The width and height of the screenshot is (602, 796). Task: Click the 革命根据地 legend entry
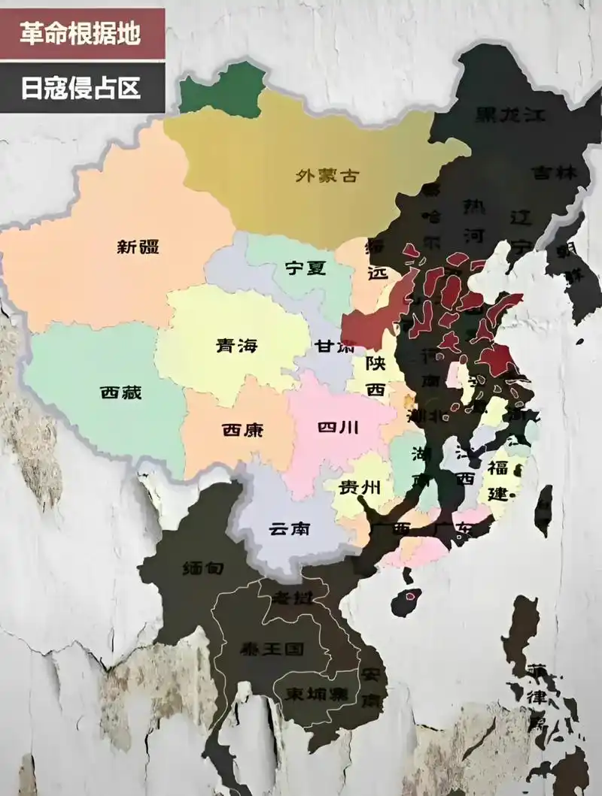(x=81, y=34)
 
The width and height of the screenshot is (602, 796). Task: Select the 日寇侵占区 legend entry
(x=81, y=88)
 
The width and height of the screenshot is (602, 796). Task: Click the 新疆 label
(x=138, y=246)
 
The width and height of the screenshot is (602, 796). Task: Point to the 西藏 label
(x=120, y=392)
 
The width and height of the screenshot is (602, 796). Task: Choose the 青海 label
(x=236, y=346)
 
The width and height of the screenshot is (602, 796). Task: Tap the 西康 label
(x=242, y=431)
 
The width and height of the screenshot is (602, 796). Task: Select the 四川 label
(x=338, y=428)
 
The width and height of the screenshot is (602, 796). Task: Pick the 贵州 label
(x=356, y=487)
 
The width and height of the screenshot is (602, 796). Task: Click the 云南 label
(x=289, y=528)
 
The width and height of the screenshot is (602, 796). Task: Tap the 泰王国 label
(x=270, y=648)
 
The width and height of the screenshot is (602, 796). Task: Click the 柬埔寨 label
(x=311, y=694)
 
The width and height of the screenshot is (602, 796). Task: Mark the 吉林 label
(x=554, y=172)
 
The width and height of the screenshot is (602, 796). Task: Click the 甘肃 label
(x=335, y=347)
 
